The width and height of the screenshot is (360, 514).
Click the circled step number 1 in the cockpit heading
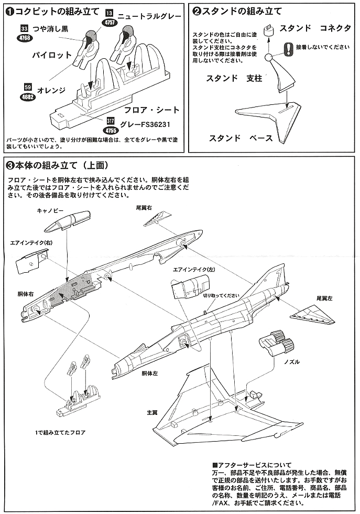[9, 10]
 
